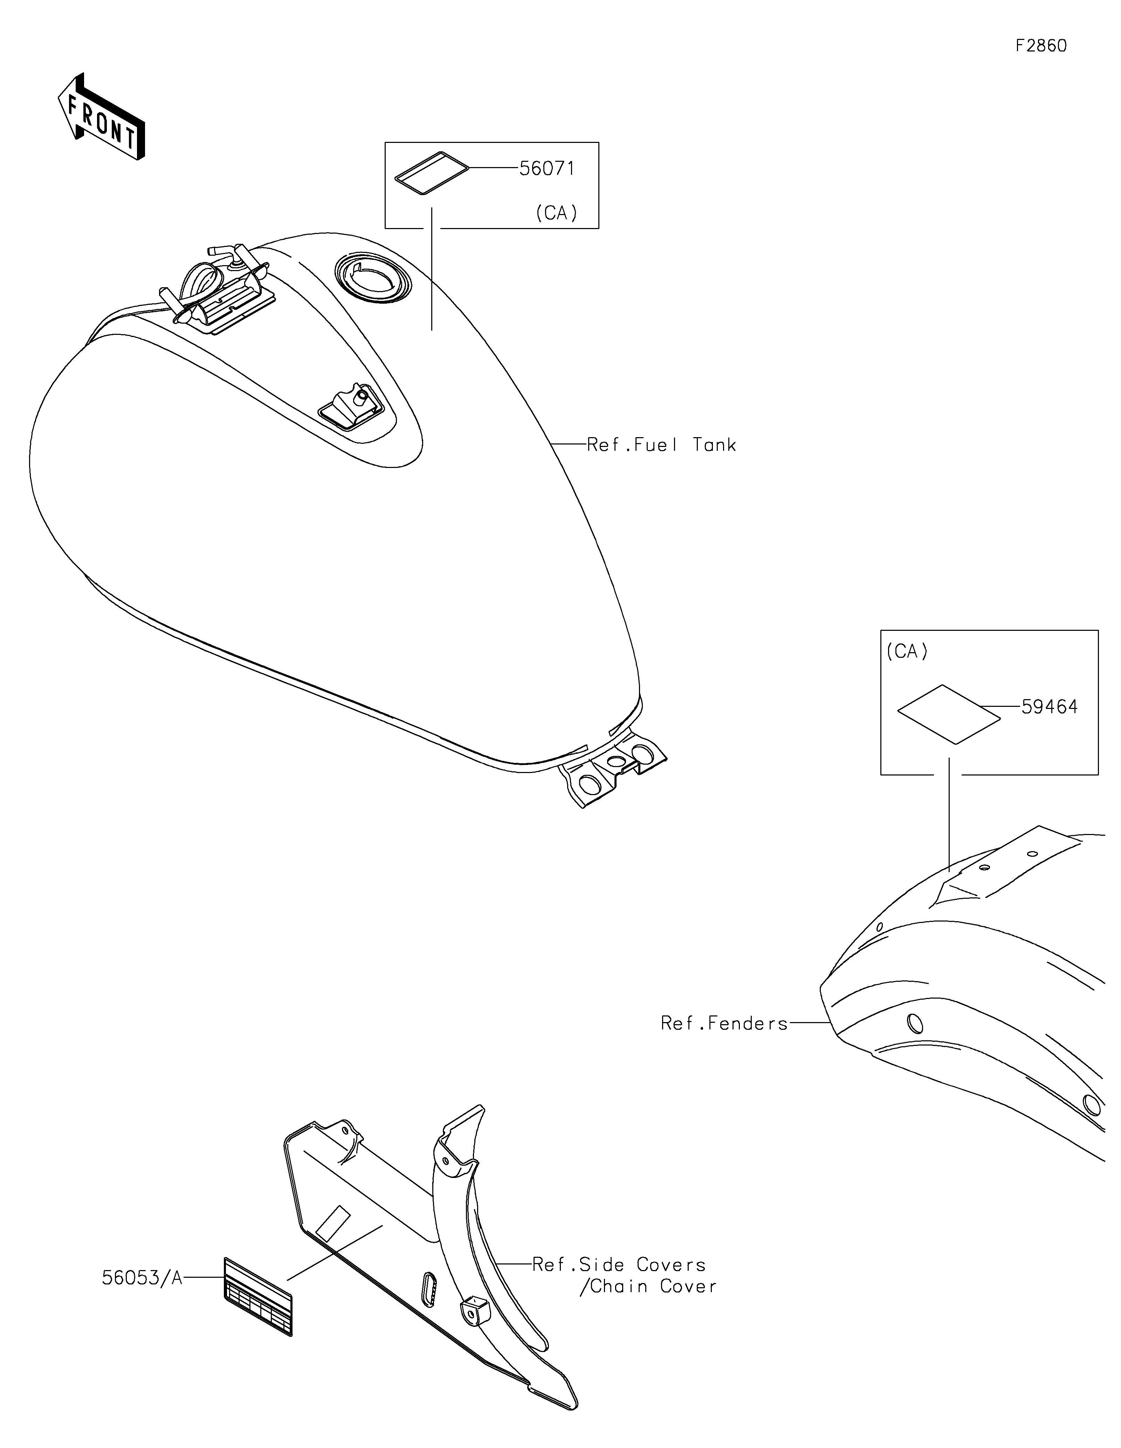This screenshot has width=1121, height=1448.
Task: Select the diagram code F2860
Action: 1041,46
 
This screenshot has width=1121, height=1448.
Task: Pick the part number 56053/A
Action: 142,1278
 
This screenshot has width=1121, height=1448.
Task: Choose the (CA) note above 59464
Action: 907,652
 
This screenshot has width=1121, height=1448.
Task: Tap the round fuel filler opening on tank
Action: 373,278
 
